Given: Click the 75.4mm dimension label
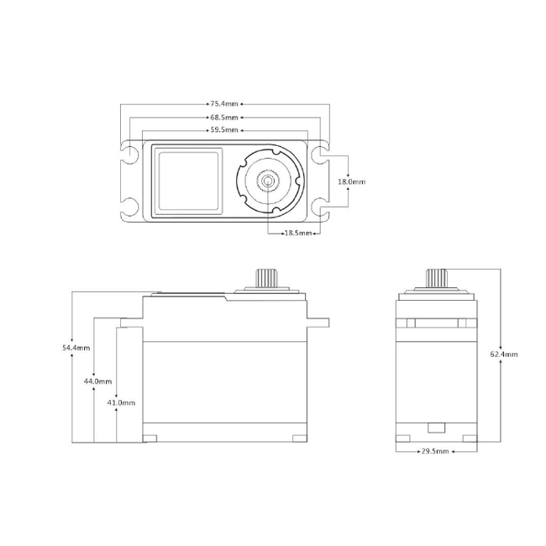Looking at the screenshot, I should pos(224,105).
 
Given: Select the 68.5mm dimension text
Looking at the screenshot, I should pos(224,118).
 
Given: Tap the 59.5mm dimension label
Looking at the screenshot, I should pos(224,131).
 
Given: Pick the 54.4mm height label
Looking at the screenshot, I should pos(76,347).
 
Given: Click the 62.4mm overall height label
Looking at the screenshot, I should pos(503,354).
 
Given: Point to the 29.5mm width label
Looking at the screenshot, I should pos(434,451).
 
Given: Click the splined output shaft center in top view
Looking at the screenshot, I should pos(268,181).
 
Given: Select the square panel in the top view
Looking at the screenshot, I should pos(188,181).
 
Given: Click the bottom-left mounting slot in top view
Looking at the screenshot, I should pos(130,206).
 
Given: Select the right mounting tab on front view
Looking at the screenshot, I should pos(319,321).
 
